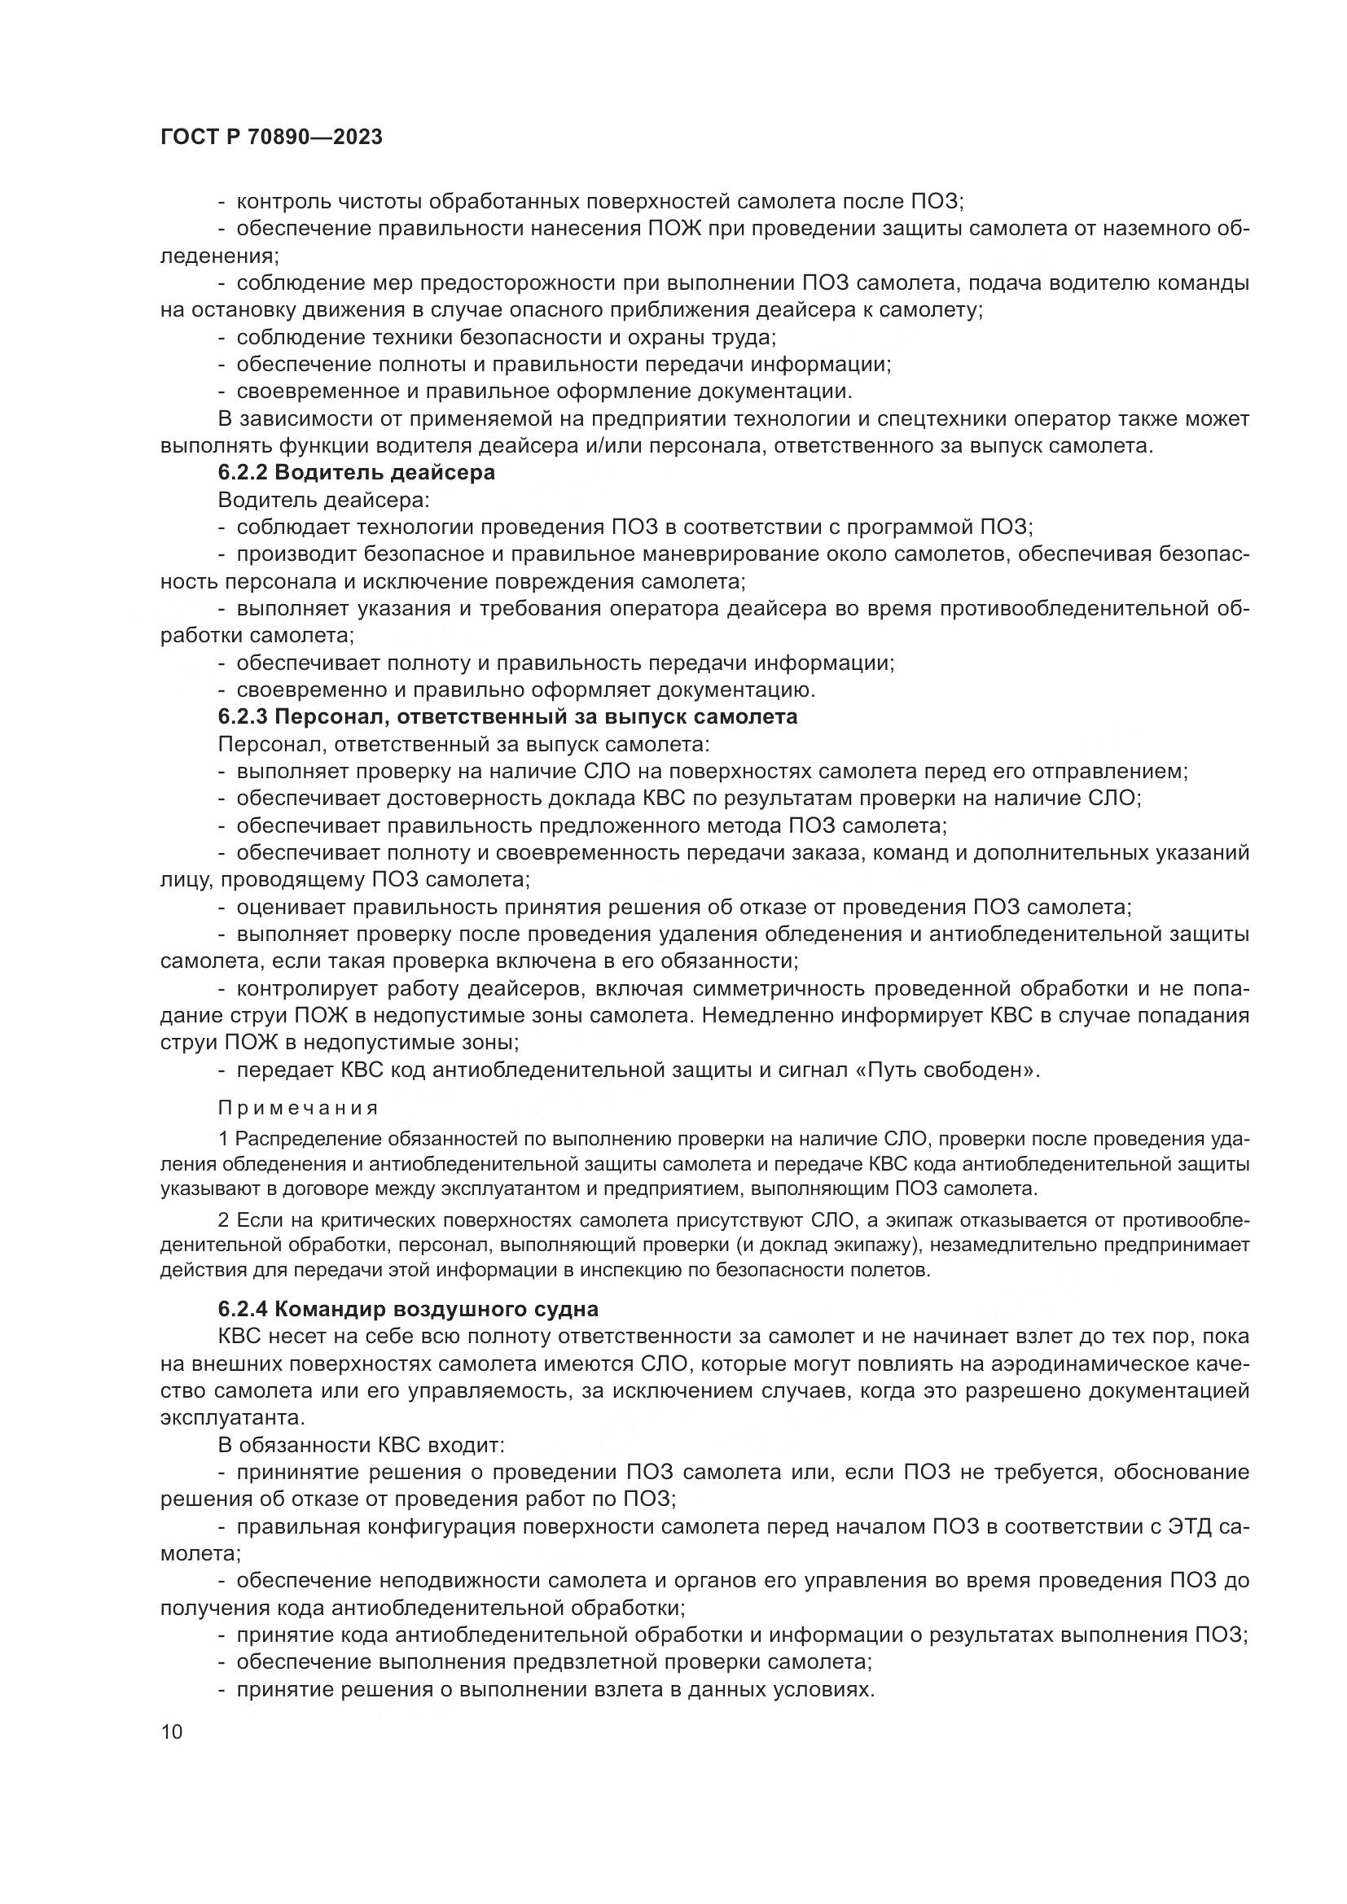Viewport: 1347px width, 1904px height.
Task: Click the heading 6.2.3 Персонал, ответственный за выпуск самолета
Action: point(507,716)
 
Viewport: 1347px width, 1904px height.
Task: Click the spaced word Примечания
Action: point(298,1109)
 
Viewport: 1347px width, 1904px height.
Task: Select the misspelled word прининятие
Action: point(298,1472)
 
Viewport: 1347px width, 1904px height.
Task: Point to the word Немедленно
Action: point(770,1016)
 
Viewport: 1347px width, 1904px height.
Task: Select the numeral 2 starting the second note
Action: point(223,1220)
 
